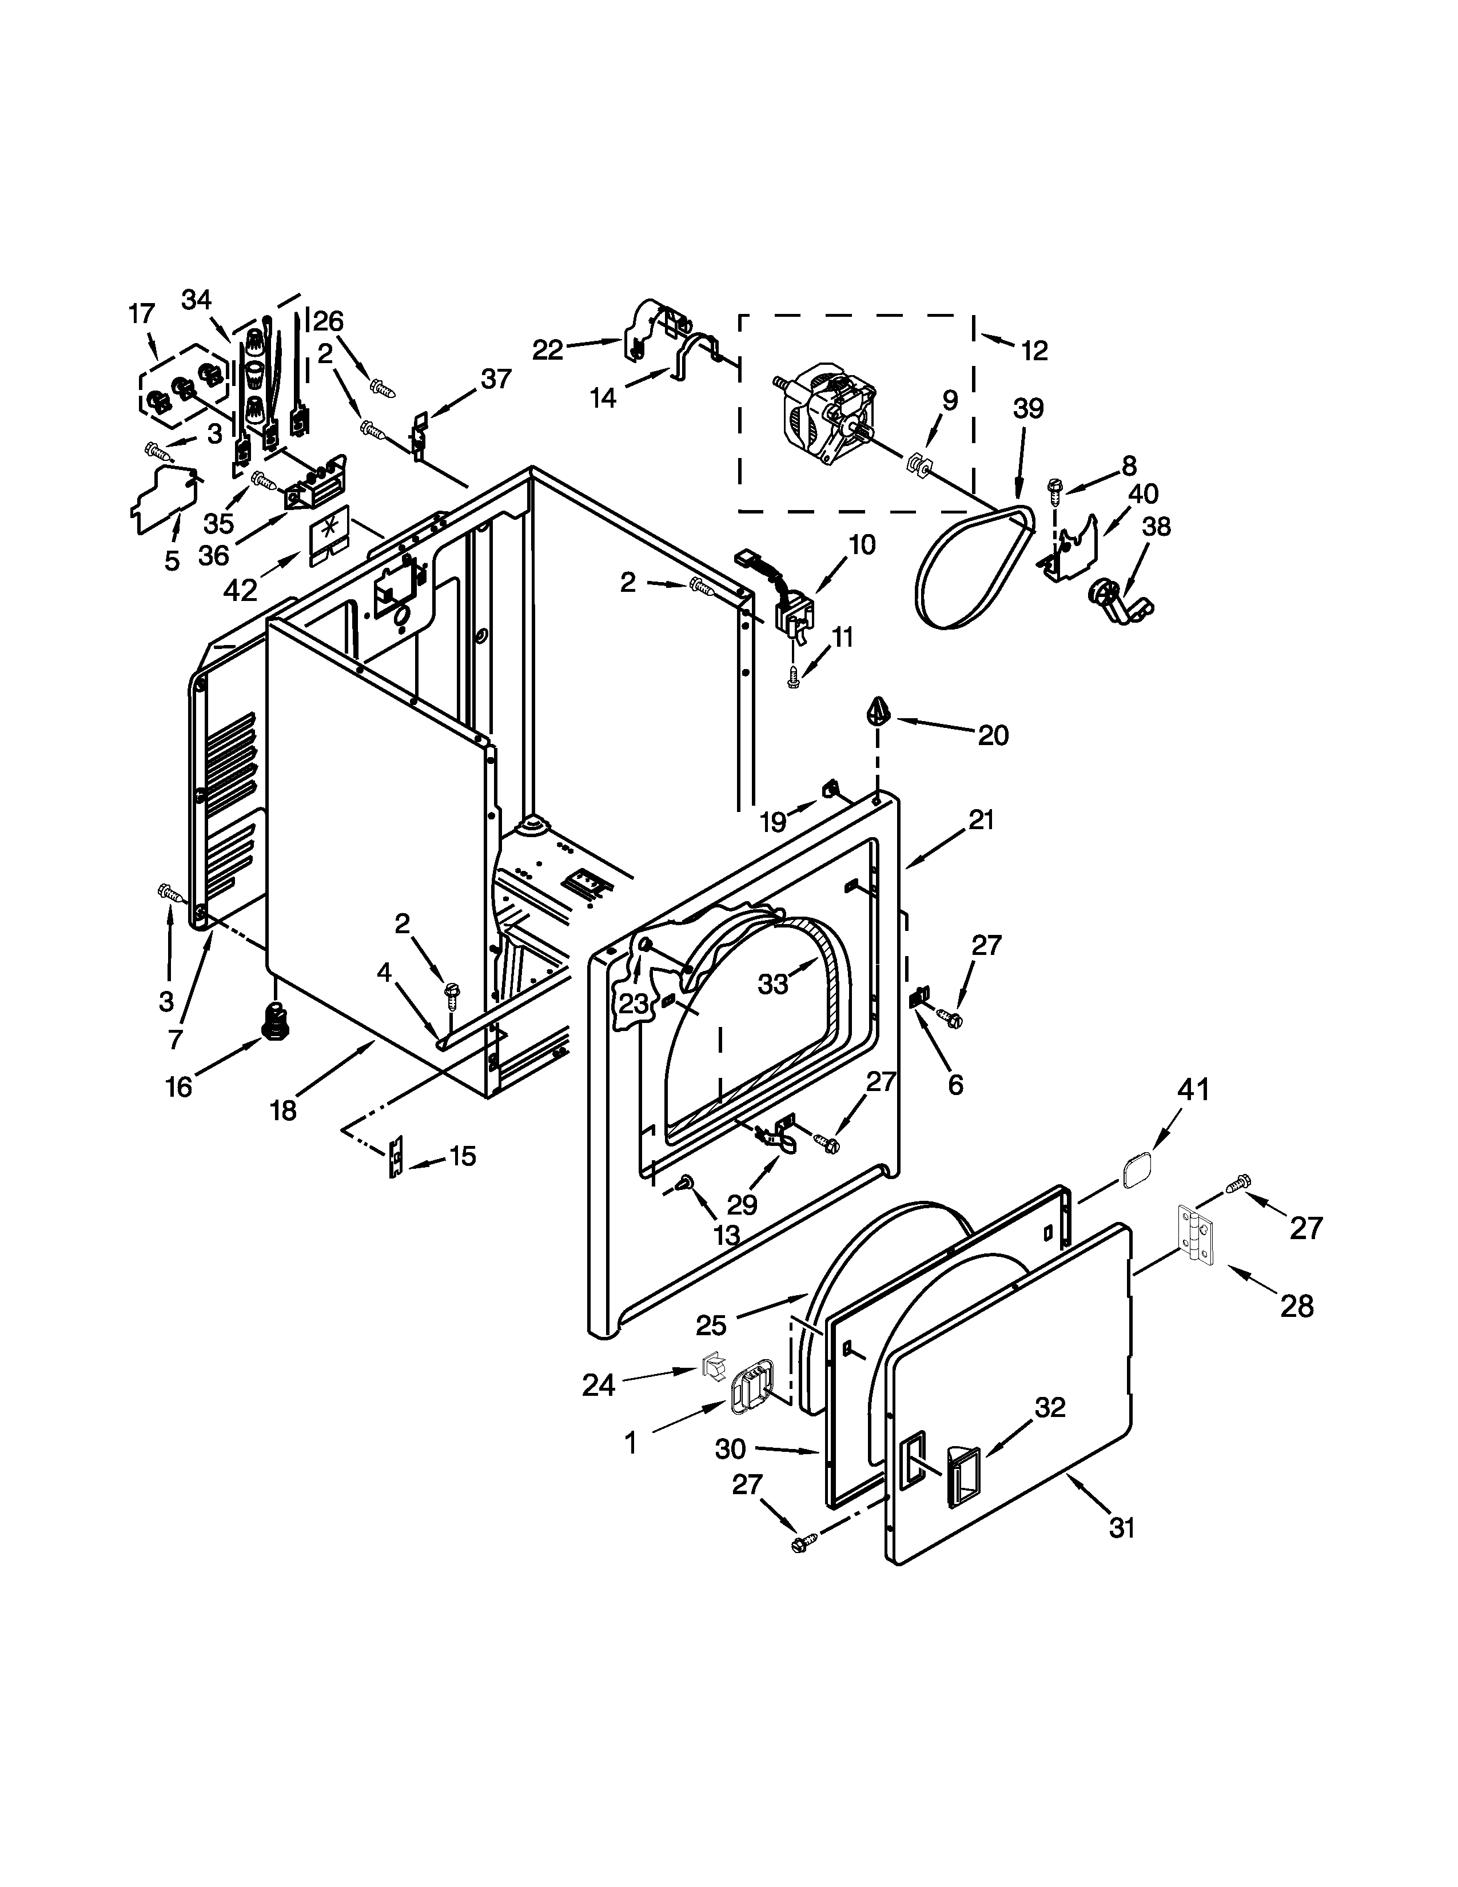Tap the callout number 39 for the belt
click(x=1028, y=409)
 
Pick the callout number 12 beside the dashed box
click(x=1034, y=350)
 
